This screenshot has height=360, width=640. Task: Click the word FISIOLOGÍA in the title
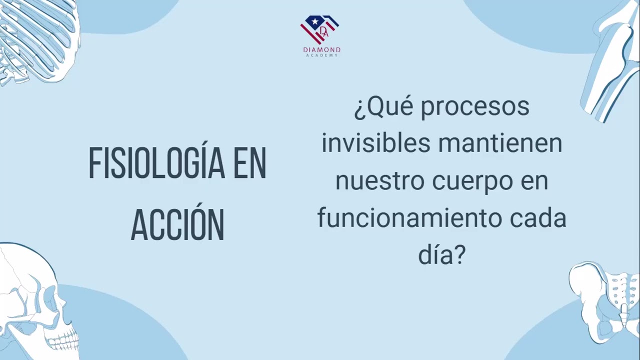(156, 163)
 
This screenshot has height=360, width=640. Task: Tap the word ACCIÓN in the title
(177, 224)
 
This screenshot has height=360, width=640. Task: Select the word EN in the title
(249, 163)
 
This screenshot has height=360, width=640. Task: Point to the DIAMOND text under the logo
(321, 49)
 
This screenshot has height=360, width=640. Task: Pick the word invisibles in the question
(376, 143)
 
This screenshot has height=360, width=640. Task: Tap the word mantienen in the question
(500, 143)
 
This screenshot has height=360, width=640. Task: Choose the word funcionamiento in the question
(409, 218)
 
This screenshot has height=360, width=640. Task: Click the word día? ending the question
(442, 255)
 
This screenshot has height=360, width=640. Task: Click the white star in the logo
(315, 21)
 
